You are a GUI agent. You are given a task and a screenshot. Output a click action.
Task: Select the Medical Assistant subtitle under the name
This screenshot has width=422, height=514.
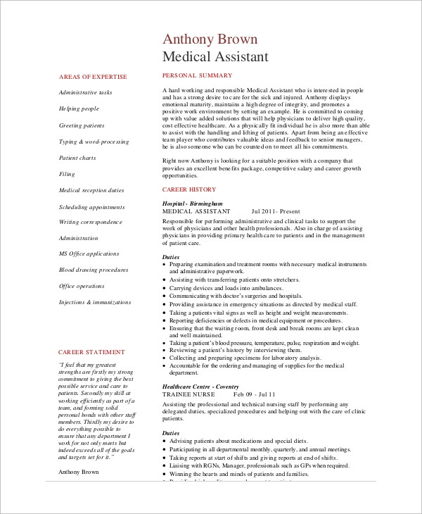pos(215,56)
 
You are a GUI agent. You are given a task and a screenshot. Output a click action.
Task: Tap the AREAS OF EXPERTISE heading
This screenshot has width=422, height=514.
pos(93,76)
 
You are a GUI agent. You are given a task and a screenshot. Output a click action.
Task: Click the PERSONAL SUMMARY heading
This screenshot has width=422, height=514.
pos(193,75)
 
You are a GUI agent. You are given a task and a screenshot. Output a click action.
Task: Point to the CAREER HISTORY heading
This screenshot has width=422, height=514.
pos(189,189)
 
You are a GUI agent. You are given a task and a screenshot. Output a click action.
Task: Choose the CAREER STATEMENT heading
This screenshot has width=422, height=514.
pos(91,351)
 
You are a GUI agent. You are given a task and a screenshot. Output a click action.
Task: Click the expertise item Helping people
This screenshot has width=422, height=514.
pos(79,108)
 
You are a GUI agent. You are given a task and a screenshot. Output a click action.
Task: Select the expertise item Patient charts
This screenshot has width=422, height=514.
pos(77,158)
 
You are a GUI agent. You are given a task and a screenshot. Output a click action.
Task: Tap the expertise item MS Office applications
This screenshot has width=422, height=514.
pos(89,253)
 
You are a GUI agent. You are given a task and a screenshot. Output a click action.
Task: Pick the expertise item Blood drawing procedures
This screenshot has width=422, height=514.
pos(94,270)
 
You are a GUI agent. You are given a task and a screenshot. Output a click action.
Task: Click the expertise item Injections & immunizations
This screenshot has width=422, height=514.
pos(95,302)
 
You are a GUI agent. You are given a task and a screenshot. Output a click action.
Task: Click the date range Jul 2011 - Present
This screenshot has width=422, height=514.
pos(276,211)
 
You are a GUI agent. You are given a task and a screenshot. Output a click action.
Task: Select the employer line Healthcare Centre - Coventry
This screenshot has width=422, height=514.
pos(200,387)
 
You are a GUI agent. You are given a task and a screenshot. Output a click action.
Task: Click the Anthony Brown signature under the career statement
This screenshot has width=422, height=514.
pos(79,472)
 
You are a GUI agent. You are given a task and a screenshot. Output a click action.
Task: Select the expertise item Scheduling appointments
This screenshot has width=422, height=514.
pos(91,207)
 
